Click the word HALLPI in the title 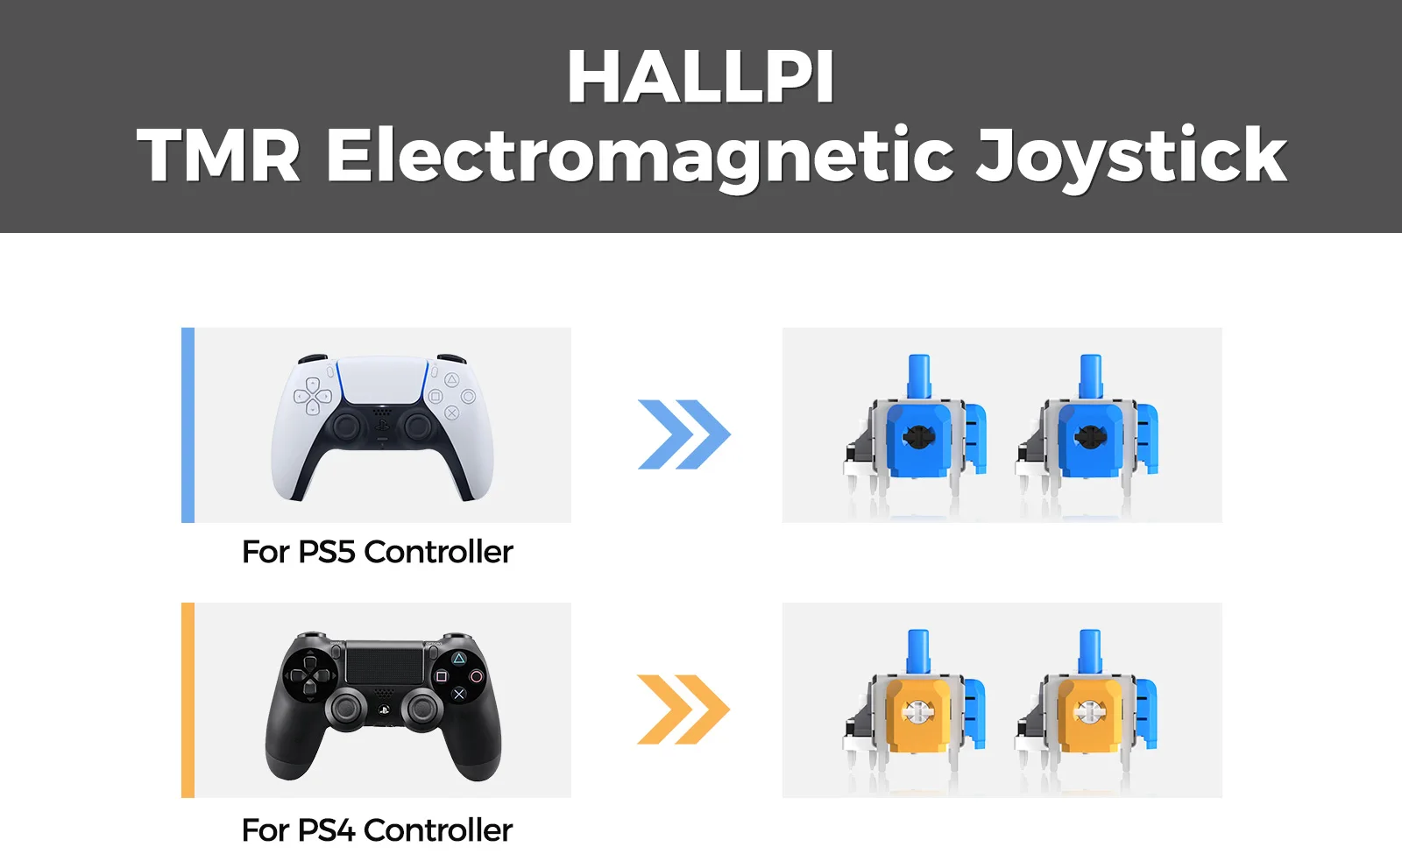(x=700, y=76)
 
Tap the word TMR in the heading (x=218, y=154)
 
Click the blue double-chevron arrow (x=683, y=434)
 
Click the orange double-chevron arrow (x=683, y=709)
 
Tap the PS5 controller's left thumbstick (x=346, y=427)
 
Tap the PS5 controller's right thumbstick (x=417, y=427)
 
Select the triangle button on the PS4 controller (x=459, y=658)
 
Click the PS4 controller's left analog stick (x=345, y=709)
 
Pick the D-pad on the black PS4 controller (x=310, y=675)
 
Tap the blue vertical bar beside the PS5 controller (x=188, y=425)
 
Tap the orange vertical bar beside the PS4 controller (x=188, y=700)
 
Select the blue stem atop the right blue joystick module (x=1090, y=376)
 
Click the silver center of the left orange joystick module (x=917, y=711)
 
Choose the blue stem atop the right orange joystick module (x=1090, y=652)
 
